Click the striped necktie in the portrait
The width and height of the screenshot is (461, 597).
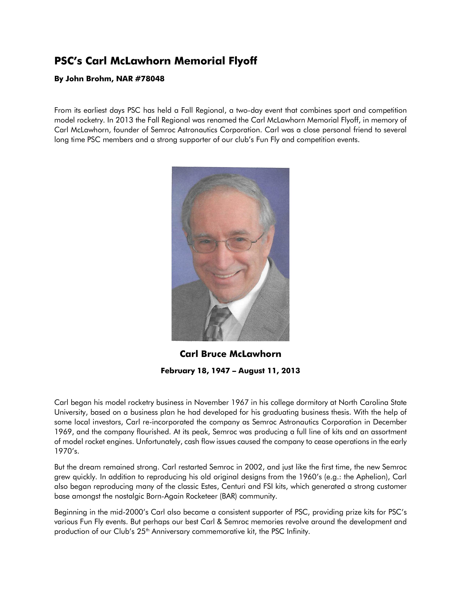click(x=216, y=323)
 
